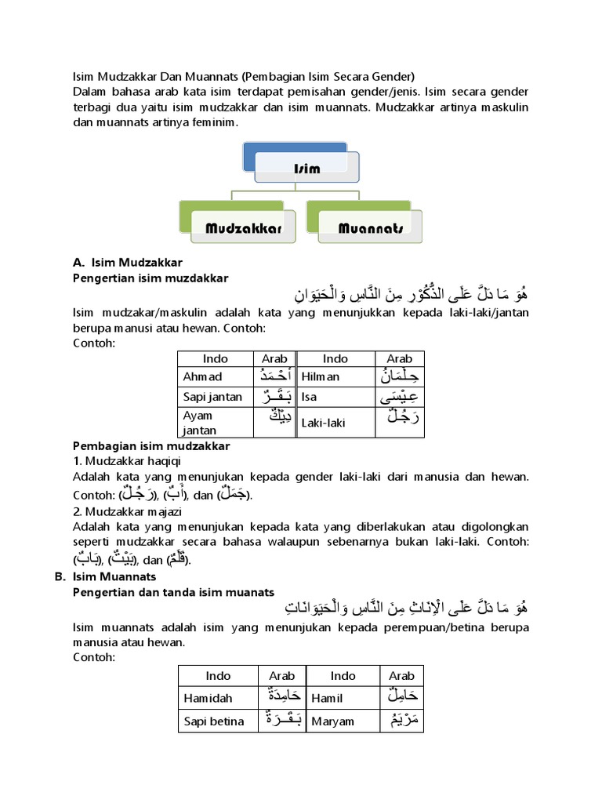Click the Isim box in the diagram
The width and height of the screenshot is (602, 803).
coord(306,168)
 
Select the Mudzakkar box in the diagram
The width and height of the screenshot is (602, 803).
coord(243,228)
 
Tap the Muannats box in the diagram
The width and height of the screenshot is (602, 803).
coord(370,228)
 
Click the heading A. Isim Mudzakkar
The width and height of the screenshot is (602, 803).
coord(129,263)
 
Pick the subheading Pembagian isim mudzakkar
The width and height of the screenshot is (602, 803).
coord(151,446)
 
